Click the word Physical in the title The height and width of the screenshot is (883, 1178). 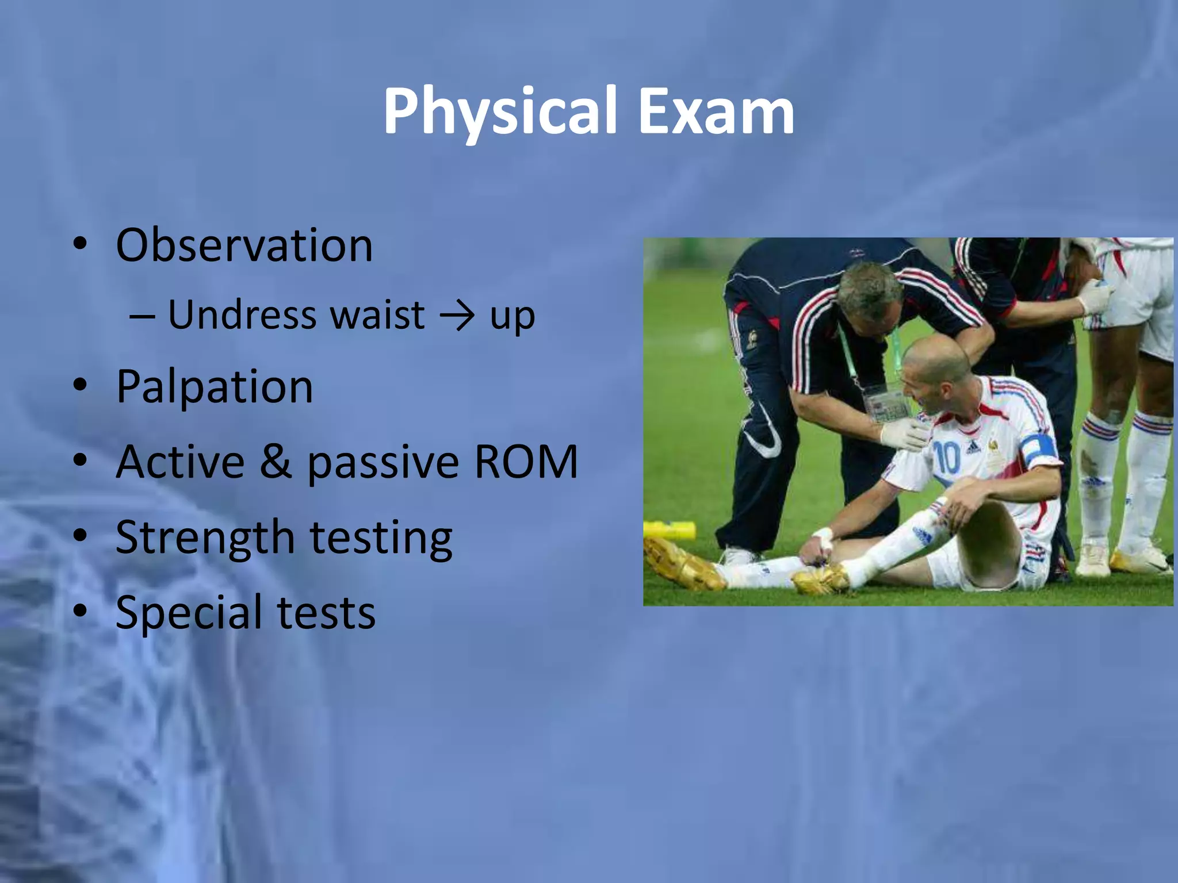(499, 112)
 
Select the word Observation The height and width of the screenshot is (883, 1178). (244, 246)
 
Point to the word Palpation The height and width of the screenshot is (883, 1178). (214, 387)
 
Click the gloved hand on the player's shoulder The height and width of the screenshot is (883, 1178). (904, 434)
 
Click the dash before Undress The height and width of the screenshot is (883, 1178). (141, 316)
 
